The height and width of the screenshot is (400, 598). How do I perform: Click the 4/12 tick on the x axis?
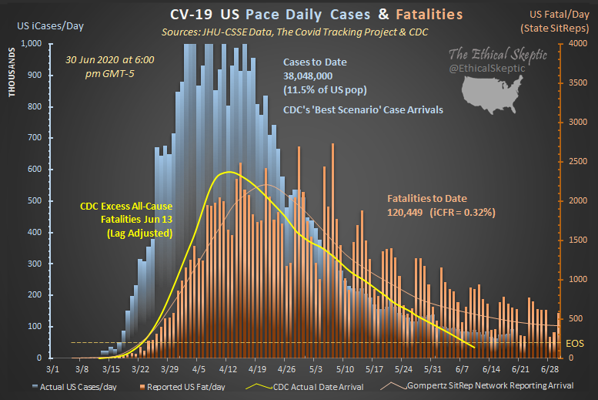coord(227,369)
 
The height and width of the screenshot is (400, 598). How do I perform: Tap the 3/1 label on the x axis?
coord(52,369)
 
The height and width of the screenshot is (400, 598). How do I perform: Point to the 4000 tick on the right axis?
coord(576,44)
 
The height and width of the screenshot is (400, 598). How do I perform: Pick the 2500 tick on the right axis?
coord(576,162)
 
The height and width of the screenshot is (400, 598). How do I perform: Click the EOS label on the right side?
coord(574,343)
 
